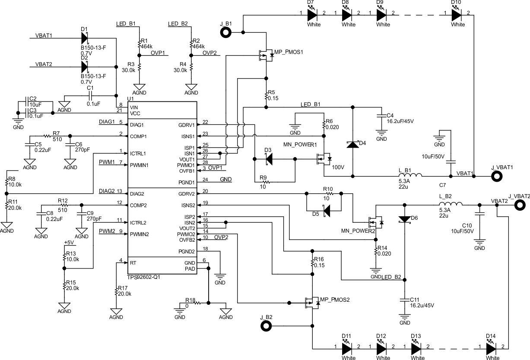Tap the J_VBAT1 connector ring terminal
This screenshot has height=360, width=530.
click(x=498, y=176)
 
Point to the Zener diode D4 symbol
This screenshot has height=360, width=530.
click(x=353, y=144)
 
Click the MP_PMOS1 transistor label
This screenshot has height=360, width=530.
click(x=289, y=52)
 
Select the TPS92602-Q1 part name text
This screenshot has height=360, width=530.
click(x=144, y=278)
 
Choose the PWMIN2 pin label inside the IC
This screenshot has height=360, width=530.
click(x=139, y=234)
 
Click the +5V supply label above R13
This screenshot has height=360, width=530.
click(x=69, y=243)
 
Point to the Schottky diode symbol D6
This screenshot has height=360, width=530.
click(x=405, y=219)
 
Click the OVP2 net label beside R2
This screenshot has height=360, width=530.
click(x=209, y=53)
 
